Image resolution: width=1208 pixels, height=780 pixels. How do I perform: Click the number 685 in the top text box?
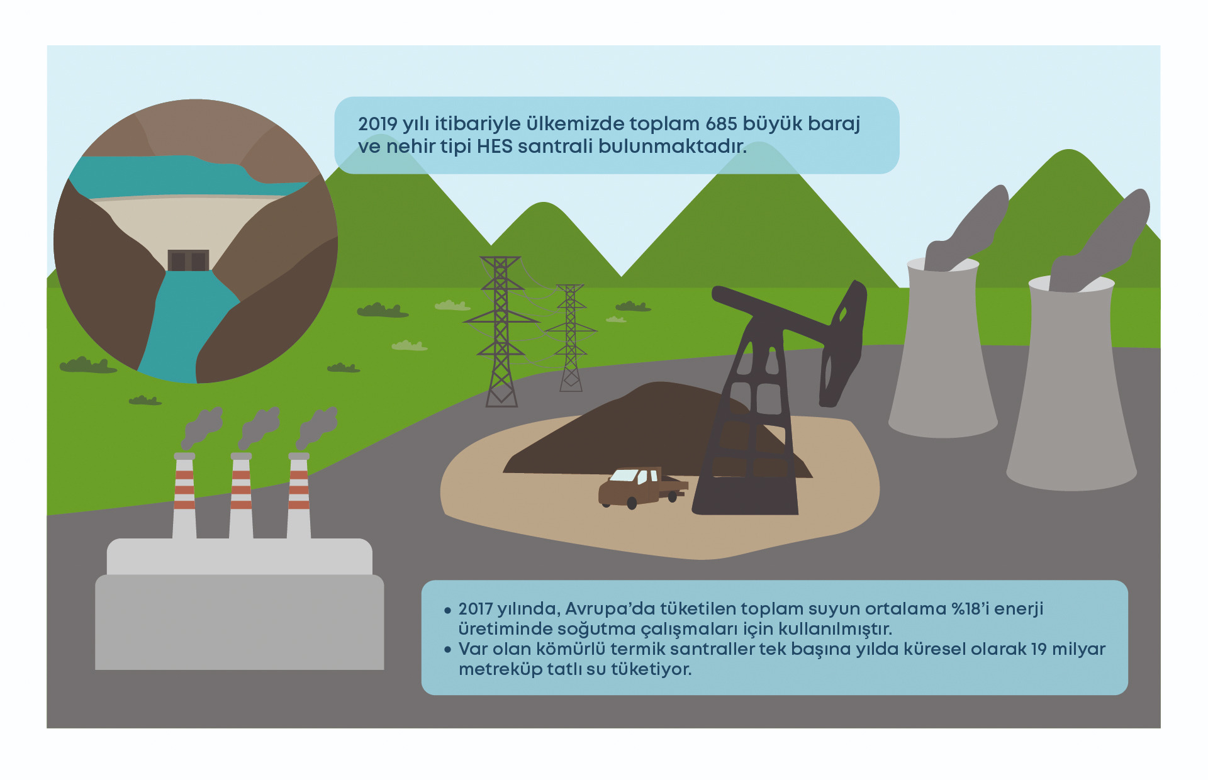[x=721, y=124]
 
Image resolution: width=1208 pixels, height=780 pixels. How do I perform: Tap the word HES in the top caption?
[x=495, y=147]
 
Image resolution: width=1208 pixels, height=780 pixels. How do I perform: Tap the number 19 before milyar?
[x=1039, y=649]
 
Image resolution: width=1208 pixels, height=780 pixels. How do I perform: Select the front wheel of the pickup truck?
[x=632, y=503]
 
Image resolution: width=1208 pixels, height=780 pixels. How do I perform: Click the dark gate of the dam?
[x=188, y=260]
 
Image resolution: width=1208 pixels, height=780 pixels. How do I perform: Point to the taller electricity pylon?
[x=501, y=331]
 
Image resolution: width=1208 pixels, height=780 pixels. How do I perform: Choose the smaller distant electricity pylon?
[x=571, y=338]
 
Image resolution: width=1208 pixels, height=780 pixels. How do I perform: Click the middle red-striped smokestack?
[x=241, y=496]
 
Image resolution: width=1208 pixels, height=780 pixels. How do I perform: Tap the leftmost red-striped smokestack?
[x=184, y=496]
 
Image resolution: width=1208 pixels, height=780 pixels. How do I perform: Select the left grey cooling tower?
[x=942, y=348]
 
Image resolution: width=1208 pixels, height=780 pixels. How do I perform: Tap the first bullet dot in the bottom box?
[x=447, y=610]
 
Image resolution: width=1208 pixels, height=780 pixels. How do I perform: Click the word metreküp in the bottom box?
[x=500, y=669]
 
